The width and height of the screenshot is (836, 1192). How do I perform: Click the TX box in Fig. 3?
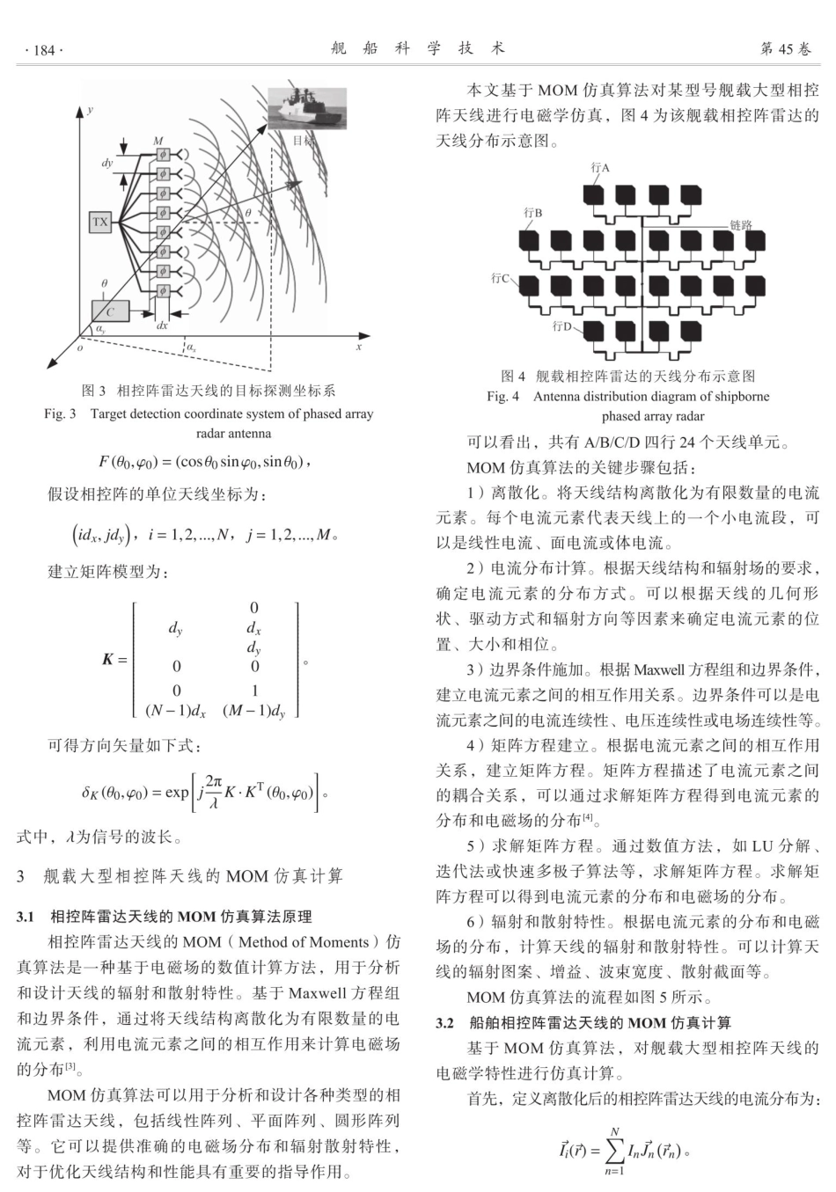click(100, 222)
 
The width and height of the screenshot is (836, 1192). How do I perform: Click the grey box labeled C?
click(110, 311)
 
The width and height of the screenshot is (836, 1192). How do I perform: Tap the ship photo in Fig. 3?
click(307, 108)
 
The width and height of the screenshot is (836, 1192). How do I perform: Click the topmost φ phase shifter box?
click(162, 154)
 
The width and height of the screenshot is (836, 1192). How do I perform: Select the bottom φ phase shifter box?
click(162, 291)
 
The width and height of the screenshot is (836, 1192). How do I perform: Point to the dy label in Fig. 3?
click(107, 164)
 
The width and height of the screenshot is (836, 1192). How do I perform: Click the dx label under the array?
click(162, 325)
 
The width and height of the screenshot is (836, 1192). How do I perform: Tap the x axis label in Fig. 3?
click(359, 347)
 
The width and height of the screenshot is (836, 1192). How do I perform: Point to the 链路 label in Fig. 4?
click(741, 225)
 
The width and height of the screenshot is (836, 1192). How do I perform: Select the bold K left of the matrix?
click(108, 659)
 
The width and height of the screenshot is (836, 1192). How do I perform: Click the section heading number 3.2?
click(446, 1023)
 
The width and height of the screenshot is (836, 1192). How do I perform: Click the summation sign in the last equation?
click(614, 1149)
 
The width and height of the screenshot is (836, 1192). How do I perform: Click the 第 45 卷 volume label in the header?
click(786, 49)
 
